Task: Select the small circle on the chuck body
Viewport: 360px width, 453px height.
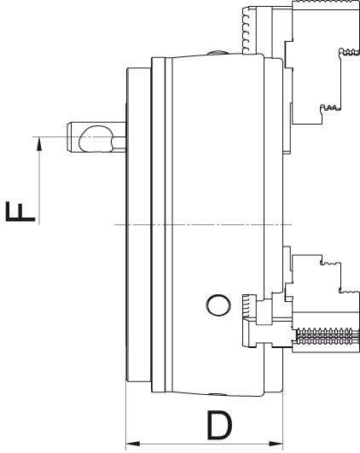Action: click(x=218, y=304)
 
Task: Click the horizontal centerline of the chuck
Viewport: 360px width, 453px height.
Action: click(x=196, y=224)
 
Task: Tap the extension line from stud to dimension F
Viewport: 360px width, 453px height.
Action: click(x=51, y=136)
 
